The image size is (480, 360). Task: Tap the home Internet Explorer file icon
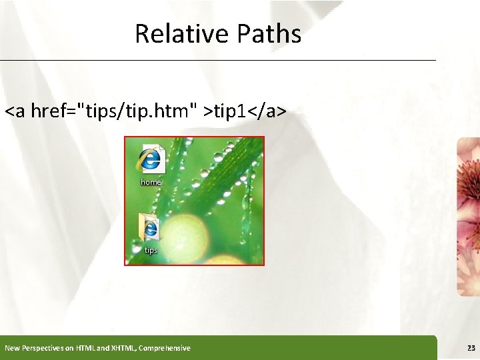click(151, 159)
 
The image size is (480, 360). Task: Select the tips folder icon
click(150, 228)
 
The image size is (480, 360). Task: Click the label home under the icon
click(151, 182)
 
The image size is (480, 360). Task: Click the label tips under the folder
click(151, 251)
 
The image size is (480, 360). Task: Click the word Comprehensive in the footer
click(164, 348)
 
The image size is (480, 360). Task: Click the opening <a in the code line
click(16, 111)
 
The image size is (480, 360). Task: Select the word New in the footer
click(12, 348)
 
